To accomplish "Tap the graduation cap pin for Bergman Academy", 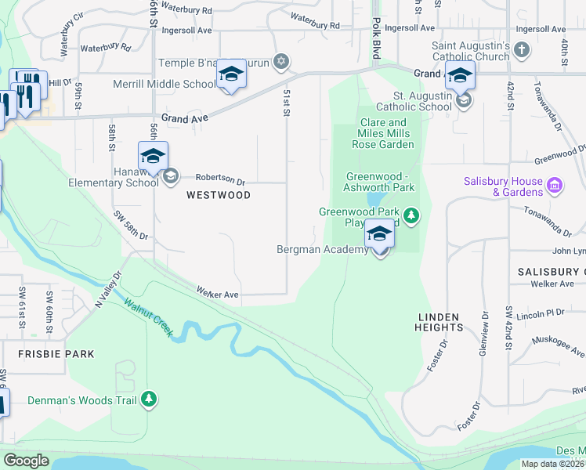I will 380,234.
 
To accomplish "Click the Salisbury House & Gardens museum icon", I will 555,186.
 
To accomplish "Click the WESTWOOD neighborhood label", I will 219,195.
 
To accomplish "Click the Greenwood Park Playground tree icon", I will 410,213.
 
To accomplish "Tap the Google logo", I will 26,461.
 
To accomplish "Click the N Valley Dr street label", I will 109,289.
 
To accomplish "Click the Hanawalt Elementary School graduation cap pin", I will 153,156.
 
